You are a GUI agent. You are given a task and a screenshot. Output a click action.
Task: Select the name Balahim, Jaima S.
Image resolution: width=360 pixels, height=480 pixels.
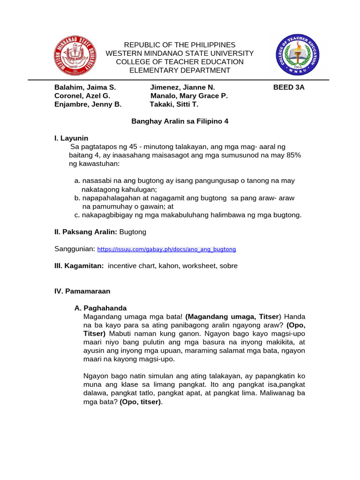pyautogui.click(x=85, y=87)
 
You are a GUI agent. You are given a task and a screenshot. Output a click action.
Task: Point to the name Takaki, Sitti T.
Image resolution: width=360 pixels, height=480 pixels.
pyautogui.click(x=174, y=104)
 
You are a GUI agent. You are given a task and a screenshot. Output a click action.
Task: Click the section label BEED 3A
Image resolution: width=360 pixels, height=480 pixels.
pyautogui.click(x=289, y=87)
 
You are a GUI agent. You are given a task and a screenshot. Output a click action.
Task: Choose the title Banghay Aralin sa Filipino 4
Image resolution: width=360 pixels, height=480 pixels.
pyautogui.click(x=180, y=121)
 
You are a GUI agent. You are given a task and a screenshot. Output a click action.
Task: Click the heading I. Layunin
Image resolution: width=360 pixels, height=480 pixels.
pyautogui.click(x=71, y=138)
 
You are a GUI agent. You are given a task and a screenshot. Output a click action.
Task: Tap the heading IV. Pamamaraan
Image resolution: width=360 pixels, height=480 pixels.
pyautogui.click(x=82, y=291)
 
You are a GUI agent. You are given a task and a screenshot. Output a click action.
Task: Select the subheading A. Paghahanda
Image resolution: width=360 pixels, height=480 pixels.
pyautogui.click(x=101, y=308)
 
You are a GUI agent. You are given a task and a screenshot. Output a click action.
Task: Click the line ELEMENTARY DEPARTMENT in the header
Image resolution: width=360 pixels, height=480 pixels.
pyautogui.click(x=180, y=70)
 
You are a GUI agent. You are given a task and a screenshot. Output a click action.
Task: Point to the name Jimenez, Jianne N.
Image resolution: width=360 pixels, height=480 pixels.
pyautogui.click(x=182, y=87)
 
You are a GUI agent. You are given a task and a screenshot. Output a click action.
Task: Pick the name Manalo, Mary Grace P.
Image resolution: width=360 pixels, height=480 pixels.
pyautogui.click(x=189, y=96)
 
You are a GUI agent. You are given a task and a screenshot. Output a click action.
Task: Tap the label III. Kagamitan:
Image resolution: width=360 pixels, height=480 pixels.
pyautogui.click(x=79, y=266)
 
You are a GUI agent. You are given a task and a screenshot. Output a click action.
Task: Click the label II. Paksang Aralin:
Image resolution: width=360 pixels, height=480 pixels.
pyautogui.click(x=86, y=232)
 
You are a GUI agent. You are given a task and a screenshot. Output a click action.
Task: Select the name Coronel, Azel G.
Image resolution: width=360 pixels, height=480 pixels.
pyautogui.click(x=82, y=96)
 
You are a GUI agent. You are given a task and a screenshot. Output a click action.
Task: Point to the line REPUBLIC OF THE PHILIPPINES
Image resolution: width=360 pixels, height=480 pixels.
pyautogui.click(x=180, y=45)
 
